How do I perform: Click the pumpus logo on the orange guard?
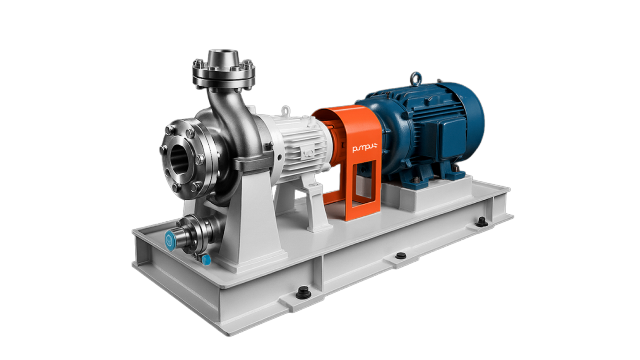[364, 148]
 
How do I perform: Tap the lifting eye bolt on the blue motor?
[416, 78]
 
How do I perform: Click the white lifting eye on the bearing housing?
[286, 110]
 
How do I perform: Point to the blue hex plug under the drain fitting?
[206, 260]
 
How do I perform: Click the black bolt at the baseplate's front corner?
[302, 293]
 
